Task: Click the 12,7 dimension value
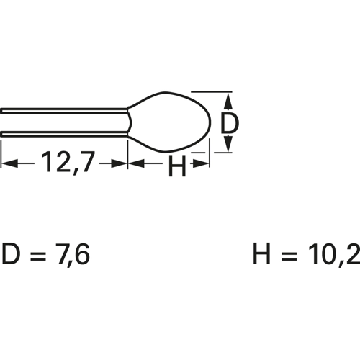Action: (68, 162)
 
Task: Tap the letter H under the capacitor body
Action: (177, 166)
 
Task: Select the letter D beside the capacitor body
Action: (230, 122)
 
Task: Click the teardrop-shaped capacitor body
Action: (169, 122)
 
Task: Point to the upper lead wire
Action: (64, 111)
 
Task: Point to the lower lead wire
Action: (64, 135)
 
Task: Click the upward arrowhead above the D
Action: (229, 101)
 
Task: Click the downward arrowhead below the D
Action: (229, 143)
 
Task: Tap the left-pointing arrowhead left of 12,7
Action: (9, 164)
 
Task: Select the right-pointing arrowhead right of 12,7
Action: (119, 164)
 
